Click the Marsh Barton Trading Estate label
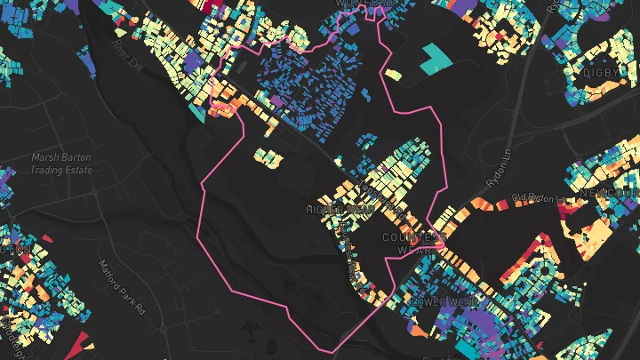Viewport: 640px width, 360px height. (x=61, y=164)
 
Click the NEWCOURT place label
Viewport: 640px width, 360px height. (x=609, y=193)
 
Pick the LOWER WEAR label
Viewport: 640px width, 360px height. (x=437, y=302)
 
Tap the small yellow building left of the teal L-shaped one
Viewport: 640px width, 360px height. (x=391, y=73)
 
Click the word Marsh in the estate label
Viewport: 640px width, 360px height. (x=44, y=158)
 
